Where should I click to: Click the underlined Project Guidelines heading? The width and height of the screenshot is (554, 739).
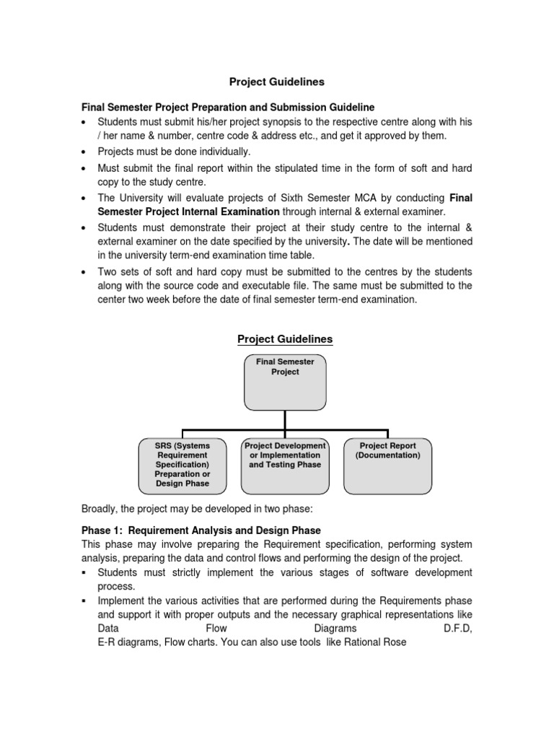[x=285, y=339]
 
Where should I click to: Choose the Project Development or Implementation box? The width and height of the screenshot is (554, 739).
[x=285, y=465]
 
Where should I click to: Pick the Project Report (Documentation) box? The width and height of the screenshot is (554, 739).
[x=388, y=465]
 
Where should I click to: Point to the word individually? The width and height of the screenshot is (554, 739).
[x=218, y=152]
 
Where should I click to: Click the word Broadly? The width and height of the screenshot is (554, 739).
[x=100, y=509]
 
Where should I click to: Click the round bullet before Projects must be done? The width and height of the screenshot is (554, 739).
[x=85, y=152]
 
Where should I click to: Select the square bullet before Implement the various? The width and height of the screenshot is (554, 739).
[x=85, y=600]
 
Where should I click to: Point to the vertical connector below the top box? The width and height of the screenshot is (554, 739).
[x=285, y=420]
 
